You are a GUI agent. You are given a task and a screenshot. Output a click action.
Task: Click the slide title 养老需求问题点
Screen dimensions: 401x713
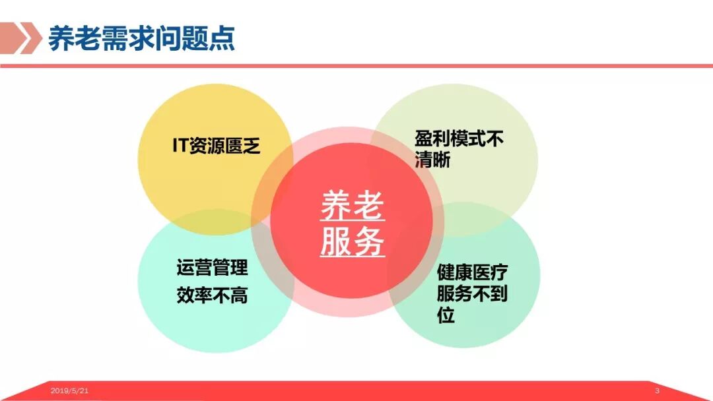point(141,38)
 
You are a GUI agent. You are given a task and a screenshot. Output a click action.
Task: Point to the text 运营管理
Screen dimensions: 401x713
point(212,268)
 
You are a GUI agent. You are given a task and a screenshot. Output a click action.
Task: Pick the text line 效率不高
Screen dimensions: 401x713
point(212,295)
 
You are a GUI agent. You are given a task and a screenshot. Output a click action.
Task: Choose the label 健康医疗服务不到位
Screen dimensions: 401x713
point(472,293)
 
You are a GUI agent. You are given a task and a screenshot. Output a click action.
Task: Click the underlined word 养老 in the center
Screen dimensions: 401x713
point(352,207)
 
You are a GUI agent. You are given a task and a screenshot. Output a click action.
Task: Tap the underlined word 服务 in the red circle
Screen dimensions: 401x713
point(352,242)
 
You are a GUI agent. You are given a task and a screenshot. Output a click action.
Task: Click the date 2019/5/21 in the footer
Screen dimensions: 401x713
point(69,391)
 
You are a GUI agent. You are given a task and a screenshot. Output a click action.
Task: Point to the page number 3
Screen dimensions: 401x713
point(657,391)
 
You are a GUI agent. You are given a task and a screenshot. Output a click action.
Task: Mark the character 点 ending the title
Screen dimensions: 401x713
point(224,38)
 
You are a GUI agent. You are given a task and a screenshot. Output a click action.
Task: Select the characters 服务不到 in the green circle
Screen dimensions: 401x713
point(472,293)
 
